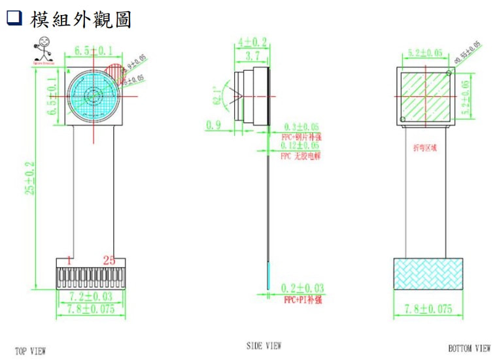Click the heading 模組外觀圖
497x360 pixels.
80,20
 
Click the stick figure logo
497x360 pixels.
43,50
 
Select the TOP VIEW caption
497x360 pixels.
31,352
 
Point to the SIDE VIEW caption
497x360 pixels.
264,346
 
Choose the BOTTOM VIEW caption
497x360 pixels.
469,349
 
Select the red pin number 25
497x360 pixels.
109,260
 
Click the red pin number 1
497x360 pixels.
69,260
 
